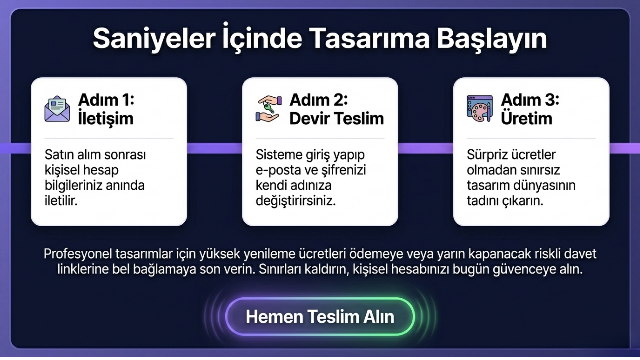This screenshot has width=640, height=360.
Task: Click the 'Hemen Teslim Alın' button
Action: click(x=320, y=316)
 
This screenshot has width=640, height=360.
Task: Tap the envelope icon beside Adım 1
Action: click(x=57, y=109)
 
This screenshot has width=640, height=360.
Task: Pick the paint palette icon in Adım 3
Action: click(x=480, y=109)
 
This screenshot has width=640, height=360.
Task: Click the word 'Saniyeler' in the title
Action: click(x=154, y=39)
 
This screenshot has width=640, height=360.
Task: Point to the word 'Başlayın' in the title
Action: click(x=492, y=39)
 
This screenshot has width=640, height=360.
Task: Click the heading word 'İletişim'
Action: click(x=106, y=118)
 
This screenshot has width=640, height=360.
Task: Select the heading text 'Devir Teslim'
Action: click(x=337, y=118)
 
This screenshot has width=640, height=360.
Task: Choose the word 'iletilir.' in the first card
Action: click(x=61, y=201)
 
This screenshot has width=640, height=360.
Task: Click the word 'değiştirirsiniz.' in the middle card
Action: click(x=296, y=201)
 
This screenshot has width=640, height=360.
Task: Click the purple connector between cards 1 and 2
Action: click(x=214, y=148)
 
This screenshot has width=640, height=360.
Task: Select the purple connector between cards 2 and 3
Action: click(x=426, y=148)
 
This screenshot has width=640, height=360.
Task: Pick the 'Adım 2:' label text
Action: click(x=319, y=100)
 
